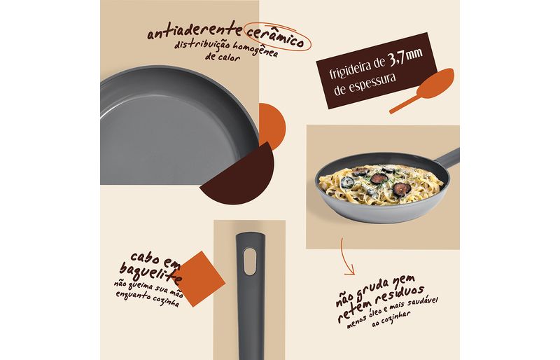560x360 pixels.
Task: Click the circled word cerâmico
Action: [275, 36]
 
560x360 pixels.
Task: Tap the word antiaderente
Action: [195, 30]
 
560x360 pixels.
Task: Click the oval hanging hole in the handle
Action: [250, 262]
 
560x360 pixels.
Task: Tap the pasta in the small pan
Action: [381, 184]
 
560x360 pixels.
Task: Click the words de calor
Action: [222, 57]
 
